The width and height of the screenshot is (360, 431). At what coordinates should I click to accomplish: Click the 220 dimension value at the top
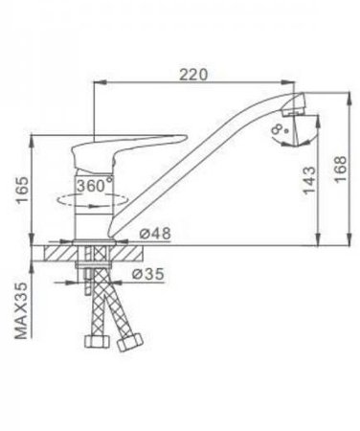(x=193, y=75)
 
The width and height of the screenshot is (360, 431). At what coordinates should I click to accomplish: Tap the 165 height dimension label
(x=23, y=191)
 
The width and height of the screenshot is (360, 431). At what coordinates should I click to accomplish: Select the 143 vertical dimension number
(x=309, y=180)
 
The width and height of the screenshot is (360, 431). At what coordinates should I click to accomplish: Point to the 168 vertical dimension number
(x=341, y=169)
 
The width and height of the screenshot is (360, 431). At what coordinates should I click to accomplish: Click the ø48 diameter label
(x=155, y=234)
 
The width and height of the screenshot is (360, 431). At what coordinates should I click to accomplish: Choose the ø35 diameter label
(x=147, y=274)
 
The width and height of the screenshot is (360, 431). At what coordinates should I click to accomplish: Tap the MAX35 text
(x=22, y=310)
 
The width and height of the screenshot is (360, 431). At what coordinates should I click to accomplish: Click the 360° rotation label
(x=95, y=185)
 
